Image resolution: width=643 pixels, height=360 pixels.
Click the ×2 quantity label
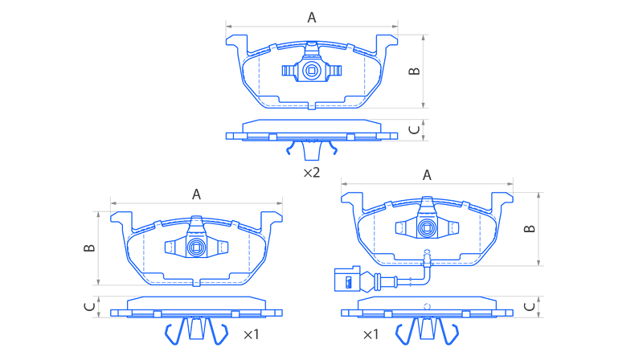pyautogui.click(x=311, y=173)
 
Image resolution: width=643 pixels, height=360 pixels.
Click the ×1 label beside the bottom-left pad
pyautogui.click(x=251, y=334)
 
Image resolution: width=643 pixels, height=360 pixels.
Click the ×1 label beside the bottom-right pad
pyautogui.click(x=371, y=334)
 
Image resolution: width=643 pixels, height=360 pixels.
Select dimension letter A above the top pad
pyautogui.click(x=312, y=18)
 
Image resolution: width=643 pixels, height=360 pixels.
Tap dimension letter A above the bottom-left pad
pyautogui.click(x=196, y=194)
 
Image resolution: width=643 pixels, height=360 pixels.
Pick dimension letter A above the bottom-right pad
pyautogui.click(x=427, y=175)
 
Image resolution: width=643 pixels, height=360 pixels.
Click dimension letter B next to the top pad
pyautogui.click(x=415, y=71)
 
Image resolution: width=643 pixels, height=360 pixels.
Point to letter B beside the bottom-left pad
pyautogui.click(x=89, y=248)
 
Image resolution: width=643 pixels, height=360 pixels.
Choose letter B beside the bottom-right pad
pyautogui.click(x=530, y=229)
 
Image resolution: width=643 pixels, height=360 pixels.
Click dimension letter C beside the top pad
pyautogui.click(x=415, y=129)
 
